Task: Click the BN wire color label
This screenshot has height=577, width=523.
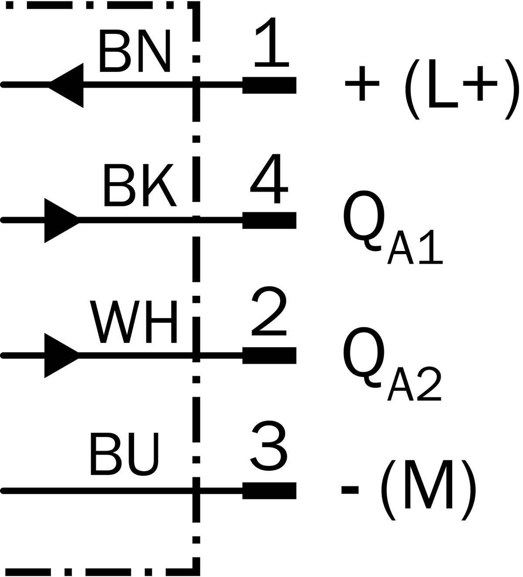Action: (135, 51)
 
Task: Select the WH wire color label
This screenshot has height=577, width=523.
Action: (133, 322)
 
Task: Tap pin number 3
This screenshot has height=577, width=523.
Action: (269, 446)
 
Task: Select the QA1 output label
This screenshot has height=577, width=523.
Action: (393, 227)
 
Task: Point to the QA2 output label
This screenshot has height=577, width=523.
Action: (392, 363)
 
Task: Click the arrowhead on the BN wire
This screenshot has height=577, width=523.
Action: (66, 85)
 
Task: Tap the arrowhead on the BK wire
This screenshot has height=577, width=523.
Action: (61, 221)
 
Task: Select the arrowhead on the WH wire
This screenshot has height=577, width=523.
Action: (61, 356)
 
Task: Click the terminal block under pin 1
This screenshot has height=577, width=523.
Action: (269, 85)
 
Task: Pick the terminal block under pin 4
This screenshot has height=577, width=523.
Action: (269, 221)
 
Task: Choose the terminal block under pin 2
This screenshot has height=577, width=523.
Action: (269, 356)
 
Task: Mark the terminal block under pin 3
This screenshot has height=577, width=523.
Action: (269, 491)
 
